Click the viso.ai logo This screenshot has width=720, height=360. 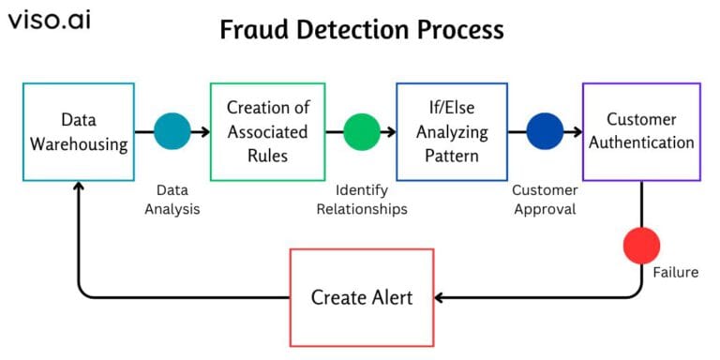[x=50, y=20]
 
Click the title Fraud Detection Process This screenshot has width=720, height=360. [x=361, y=30]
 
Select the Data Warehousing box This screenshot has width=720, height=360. [x=78, y=131]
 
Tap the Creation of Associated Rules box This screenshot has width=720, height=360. [x=267, y=131]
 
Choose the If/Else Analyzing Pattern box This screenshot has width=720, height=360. [x=452, y=131]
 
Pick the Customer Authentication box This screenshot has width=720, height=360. [x=641, y=131]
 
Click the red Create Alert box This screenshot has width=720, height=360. [x=362, y=297]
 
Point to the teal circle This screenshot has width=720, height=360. [x=172, y=132]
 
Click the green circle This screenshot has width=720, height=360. [x=362, y=132]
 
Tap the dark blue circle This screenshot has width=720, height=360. [x=545, y=132]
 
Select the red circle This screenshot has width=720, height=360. [x=642, y=245]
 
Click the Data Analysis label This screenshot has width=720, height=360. [x=172, y=200]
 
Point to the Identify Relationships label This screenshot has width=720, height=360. [x=362, y=200]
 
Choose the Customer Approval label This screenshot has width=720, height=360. [x=545, y=200]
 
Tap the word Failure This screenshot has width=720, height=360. [x=676, y=273]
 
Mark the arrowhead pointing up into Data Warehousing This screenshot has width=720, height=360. [x=79, y=187]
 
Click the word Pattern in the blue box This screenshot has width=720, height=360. [x=452, y=154]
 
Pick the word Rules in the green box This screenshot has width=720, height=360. [x=267, y=154]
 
